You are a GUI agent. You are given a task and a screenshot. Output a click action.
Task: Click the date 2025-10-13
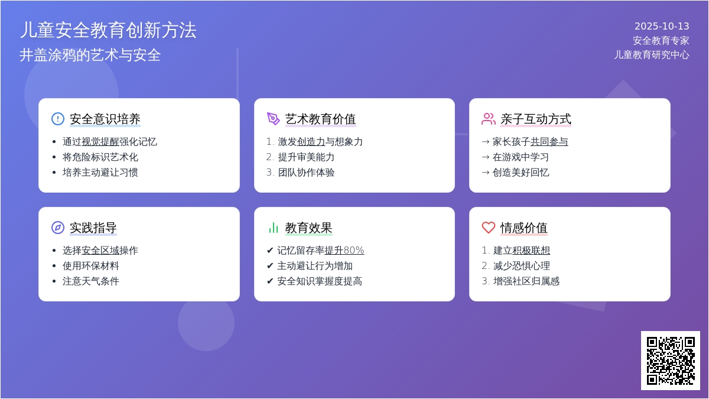(662, 26)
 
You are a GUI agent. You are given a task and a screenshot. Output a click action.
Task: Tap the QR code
(671, 361)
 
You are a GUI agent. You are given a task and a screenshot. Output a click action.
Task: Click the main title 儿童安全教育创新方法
(108, 30)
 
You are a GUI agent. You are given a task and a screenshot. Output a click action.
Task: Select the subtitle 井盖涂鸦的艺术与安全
(90, 55)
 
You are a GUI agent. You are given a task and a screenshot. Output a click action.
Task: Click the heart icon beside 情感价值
(489, 228)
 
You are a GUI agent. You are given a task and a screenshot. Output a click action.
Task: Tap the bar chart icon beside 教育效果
(273, 228)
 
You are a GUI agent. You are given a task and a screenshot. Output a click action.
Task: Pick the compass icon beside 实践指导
(58, 228)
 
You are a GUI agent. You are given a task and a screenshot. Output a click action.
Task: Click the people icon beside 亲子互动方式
(489, 119)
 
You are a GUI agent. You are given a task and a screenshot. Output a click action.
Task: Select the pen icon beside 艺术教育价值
(273, 119)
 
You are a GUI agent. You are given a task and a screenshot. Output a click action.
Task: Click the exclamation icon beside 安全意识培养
(58, 119)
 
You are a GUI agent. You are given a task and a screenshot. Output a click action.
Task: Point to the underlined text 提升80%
(344, 251)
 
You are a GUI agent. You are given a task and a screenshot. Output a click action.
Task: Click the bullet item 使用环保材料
(91, 265)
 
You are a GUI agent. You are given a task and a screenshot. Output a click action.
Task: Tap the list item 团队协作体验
(306, 172)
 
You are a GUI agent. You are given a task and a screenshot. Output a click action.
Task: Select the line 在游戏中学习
(521, 157)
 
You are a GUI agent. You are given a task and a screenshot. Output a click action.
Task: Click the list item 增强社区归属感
(526, 281)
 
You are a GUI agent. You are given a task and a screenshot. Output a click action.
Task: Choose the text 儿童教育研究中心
(652, 55)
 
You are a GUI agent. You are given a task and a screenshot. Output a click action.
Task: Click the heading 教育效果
(308, 228)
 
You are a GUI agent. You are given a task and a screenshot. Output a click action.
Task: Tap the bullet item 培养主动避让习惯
(100, 172)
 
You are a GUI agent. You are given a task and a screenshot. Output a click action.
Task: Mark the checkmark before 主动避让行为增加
(270, 265)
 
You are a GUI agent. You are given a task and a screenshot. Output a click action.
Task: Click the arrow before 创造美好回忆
(486, 173)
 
